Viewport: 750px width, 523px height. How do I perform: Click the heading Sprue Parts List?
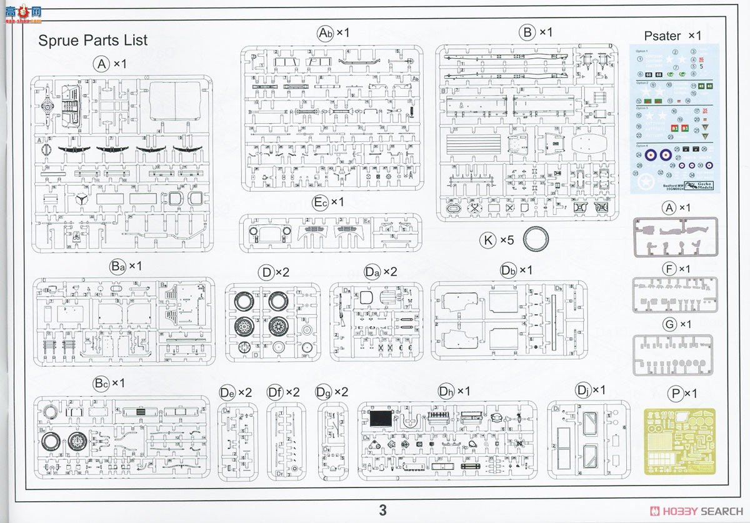pos(92,41)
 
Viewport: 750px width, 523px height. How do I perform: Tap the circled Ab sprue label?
pos(326,32)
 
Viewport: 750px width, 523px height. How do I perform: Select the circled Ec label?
pos(321,202)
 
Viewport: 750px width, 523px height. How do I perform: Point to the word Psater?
pos(662,36)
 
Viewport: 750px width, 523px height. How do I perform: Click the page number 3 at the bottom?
pos(382,509)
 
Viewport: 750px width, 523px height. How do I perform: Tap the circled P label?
pos(674,394)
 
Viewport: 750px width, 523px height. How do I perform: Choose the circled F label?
pos(669,269)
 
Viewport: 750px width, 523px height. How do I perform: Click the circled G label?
pos(669,324)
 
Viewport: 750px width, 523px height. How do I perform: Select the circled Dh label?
pos(446,391)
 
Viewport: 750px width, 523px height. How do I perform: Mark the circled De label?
pos(227,392)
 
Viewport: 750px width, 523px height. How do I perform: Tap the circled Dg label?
pos(324,392)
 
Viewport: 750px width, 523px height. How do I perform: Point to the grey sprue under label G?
pos(672,355)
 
